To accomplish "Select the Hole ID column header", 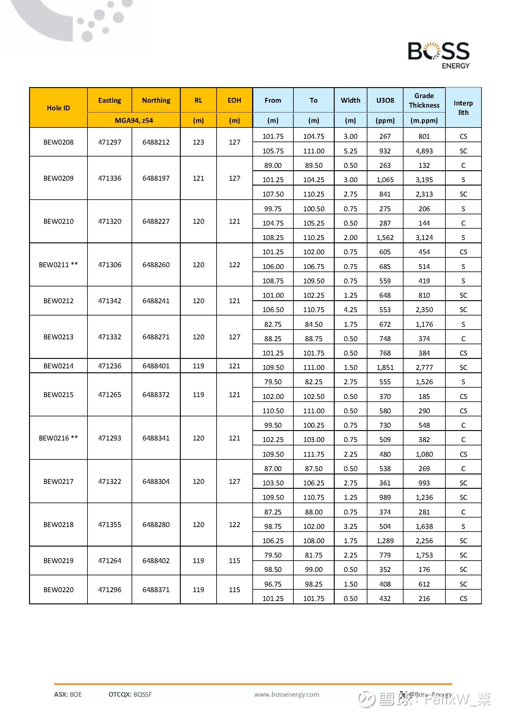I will [58, 108].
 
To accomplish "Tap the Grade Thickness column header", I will [424, 100].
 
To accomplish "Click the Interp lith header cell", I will [463, 107].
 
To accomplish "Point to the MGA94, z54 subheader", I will [134, 120].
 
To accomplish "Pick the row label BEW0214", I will [58, 366].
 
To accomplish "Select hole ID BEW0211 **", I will [58, 265].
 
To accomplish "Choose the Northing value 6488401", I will [156, 366].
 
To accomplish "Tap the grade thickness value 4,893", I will [424, 151].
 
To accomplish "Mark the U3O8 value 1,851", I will [385, 367].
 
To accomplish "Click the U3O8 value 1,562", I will [385, 238].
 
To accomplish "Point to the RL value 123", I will [198, 142].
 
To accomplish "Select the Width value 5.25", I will [350, 151].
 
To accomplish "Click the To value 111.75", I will [314, 454].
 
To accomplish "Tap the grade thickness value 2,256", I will [424, 541].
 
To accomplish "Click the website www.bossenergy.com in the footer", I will [286, 694].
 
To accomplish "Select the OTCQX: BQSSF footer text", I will [130, 694].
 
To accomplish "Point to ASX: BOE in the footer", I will [68, 694].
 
